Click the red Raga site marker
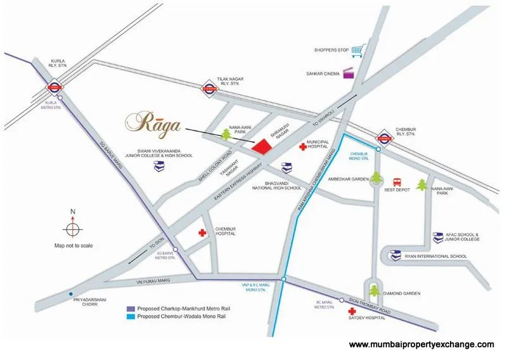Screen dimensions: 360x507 (x=263, y=146)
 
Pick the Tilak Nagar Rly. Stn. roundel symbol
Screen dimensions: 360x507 (x=209, y=90)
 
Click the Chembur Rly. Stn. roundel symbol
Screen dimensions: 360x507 (x=384, y=135)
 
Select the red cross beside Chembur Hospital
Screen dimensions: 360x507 (x=203, y=233)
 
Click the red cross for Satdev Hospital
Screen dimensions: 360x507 (x=351, y=312)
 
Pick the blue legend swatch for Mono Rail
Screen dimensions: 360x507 (x=130, y=316)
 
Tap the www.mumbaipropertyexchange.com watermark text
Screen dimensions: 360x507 (x=421, y=344)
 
